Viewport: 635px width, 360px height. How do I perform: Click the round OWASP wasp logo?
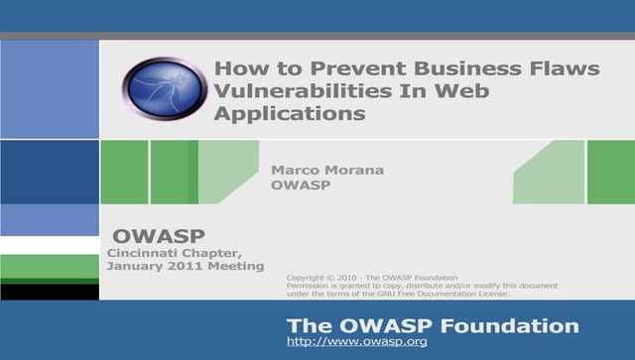point(166,90)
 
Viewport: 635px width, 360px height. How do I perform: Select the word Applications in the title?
point(290,113)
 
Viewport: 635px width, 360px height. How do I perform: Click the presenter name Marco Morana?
point(327,170)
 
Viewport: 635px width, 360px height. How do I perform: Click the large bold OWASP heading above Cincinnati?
point(158,236)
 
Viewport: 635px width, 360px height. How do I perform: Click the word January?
point(138,266)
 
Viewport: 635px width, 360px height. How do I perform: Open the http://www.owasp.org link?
point(356,341)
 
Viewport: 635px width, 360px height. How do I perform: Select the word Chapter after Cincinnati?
point(214,253)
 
